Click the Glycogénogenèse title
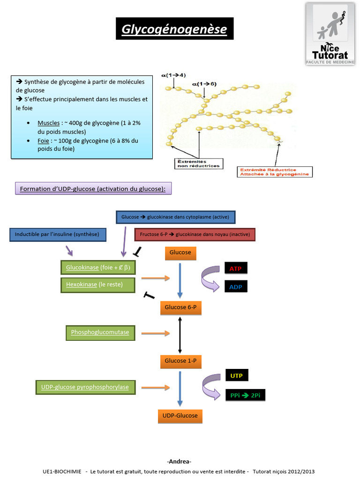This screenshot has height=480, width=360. click(174, 29)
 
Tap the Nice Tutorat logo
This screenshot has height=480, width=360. click(330, 34)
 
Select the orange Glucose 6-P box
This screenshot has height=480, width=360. click(180, 307)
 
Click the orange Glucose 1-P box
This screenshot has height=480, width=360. click(180, 361)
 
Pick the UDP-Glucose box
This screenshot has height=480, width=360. click(180, 416)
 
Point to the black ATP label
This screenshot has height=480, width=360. click(236, 269)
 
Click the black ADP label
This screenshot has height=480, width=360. click(236, 286)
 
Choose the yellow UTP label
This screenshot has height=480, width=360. click(237, 375)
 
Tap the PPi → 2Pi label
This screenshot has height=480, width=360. click(245, 395)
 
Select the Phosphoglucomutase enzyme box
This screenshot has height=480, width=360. click(100, 333)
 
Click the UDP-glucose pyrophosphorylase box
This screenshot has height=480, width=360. click(85, 387)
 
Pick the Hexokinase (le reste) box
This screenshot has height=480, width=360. click(97, 285)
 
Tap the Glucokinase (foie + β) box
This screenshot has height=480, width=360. click(97, 268)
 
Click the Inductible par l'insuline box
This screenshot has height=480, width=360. click(58, 234)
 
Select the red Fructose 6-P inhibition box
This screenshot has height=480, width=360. click(195, 234)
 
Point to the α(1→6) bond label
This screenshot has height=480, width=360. click(204, 84)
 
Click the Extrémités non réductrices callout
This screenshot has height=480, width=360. click(199, 164)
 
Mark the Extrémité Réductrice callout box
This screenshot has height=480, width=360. click(275, 172)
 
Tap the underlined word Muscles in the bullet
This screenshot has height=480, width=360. click(49, 123)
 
